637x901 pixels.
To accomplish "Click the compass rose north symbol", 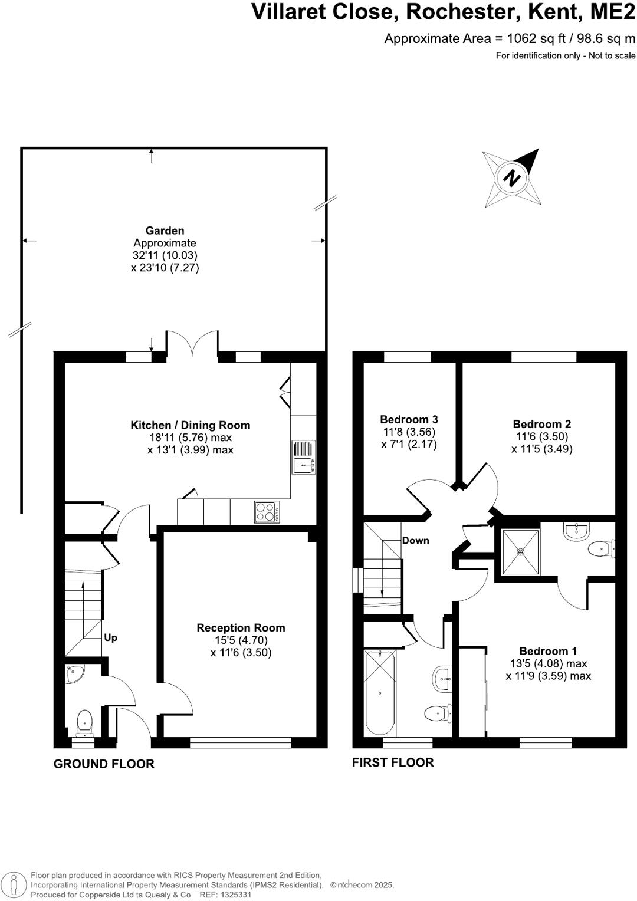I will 512,177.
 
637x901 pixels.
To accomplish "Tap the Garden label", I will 165,231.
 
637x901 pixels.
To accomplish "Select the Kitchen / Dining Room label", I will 190,425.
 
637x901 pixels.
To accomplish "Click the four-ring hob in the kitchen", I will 267,511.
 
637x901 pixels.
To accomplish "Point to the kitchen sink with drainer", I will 304,458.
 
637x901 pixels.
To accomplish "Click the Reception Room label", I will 241,628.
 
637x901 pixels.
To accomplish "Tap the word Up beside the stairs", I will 110,637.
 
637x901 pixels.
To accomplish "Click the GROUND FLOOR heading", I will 104,764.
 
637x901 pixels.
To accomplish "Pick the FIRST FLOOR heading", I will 393,762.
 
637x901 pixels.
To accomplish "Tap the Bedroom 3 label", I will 409,420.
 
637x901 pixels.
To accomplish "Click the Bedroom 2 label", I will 541,424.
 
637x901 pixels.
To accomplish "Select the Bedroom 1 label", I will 548,651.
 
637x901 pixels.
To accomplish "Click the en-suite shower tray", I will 520,552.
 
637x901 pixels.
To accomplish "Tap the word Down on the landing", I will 415,540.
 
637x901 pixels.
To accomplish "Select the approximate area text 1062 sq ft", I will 510,39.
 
